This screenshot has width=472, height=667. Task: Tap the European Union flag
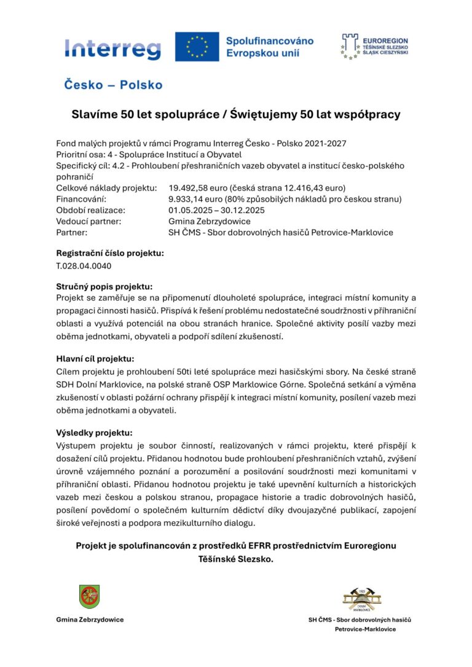(197, 47)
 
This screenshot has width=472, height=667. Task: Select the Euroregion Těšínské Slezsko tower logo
(350, 47)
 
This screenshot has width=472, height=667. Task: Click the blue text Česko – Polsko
(113, 85)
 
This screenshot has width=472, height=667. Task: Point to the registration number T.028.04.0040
(84, 266)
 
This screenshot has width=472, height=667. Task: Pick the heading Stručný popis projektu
(104, 286)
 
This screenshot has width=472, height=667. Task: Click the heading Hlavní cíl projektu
(95, 359)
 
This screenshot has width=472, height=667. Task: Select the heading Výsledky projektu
(94, 432)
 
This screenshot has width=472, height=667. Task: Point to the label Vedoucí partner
(88, 221)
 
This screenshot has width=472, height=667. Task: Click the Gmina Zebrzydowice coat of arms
(90, 596)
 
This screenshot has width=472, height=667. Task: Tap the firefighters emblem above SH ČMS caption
(363, 599)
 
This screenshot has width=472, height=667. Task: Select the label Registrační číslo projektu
(110, 253)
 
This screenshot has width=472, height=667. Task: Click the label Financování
(81, 199)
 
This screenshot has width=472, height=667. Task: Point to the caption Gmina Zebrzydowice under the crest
(90, 620)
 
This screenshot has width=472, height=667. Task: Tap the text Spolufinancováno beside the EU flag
(270, 41)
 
